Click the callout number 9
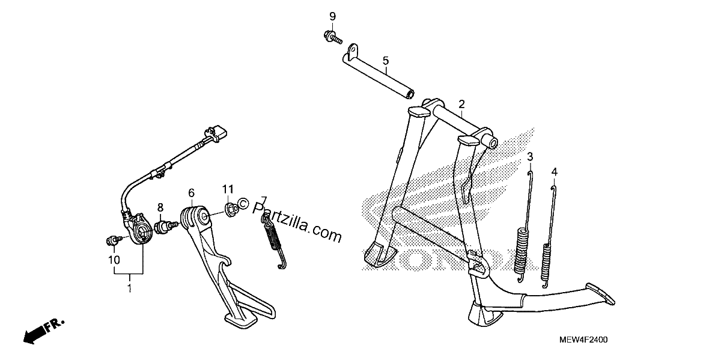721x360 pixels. click(332, 16)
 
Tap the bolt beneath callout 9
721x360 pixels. click(332, 37)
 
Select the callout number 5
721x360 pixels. click(386, 61)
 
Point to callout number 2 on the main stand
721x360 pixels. click(461, 104)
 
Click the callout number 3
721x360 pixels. click(530, 157)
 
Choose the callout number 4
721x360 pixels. click(554, 172)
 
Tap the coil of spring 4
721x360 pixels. click(546, 263)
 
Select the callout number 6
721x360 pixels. click(192, 193)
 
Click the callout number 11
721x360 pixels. click(228, 189)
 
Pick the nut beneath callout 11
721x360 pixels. click(231, 210)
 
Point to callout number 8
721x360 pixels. click(160, 207)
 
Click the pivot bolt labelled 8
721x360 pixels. click(165, 227)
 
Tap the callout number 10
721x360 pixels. click(114, 260)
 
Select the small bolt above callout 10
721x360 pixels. click(114, 240)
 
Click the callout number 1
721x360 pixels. click(129, 288)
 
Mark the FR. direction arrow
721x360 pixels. click(44, 331)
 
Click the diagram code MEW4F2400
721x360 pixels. click(583, 340)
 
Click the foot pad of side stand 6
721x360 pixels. click(241, 320)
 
